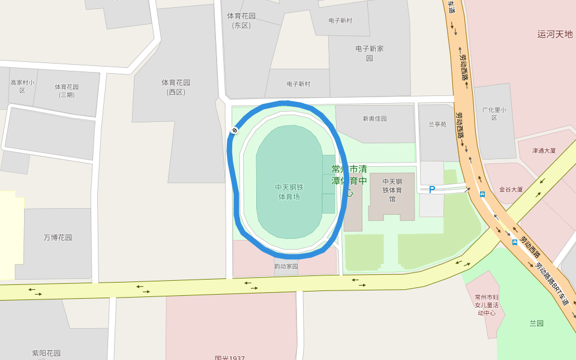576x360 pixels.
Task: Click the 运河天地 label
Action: (555, 35)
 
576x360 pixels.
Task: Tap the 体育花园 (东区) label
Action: (242, 20)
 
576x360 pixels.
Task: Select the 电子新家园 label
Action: (370, 53)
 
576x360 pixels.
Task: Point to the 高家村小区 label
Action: (22, 86)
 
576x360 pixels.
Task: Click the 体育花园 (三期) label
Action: (67, 91)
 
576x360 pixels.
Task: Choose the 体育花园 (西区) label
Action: (176, 87)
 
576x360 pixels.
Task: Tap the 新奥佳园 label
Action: (374, 119)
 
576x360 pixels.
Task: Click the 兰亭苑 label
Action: (437, 125)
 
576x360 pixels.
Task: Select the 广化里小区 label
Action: (494, 113)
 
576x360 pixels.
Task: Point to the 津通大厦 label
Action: (544, 151)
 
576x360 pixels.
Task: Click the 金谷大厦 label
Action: (511, 190)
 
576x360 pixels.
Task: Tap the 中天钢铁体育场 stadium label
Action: (289, 191)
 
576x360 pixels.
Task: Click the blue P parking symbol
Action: (431, 190)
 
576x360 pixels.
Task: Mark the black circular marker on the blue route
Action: (235, 130)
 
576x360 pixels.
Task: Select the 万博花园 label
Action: (58, 238)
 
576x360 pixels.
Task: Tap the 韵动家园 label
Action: (286, 266)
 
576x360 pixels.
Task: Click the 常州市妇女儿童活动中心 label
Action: (486, 304)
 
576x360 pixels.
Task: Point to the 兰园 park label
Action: (536, 323)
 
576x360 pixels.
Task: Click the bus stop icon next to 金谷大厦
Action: (482, 194)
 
